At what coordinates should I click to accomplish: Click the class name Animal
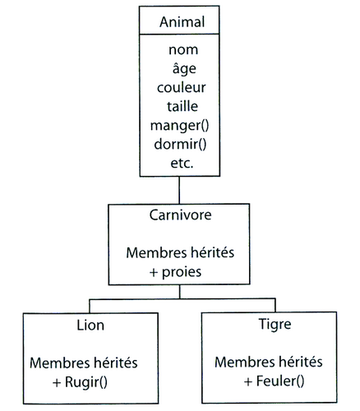182,22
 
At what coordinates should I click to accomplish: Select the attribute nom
183,50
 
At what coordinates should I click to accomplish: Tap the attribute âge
184,68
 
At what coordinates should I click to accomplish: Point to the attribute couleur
182,88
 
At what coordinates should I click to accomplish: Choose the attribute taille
182,106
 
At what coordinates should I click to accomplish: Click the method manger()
180,126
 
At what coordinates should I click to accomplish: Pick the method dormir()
180,144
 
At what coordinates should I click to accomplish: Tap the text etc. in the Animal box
182,164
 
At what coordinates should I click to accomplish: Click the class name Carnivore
180,215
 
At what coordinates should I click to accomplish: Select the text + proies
175,272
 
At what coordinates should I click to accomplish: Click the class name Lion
90,326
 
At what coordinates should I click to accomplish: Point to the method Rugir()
86,382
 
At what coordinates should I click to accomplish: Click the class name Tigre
275,325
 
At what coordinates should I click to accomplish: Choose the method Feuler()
280,381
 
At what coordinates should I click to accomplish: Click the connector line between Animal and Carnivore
179,190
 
